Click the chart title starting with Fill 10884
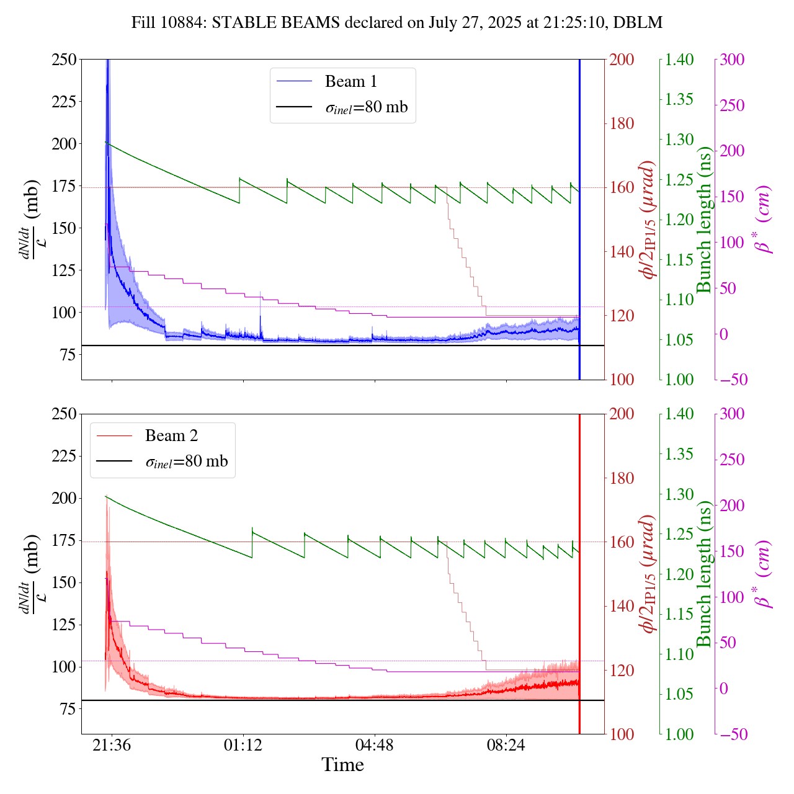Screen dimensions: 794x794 pos(397,23)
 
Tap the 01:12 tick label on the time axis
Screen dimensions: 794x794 pos(243,745)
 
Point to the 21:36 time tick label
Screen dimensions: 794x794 pos(112,745)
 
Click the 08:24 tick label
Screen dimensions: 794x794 pos(506,745)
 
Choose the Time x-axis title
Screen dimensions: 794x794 pos(342,765)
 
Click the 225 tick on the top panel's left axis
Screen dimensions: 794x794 pos(64,102)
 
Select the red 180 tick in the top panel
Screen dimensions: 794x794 pos(622,123)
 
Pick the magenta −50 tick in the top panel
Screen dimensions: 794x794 pos(732,380)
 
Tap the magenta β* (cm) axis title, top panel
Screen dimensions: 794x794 pos(763,220)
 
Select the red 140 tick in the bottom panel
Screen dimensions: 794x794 pos(622,606)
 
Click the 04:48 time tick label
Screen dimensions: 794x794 pos(375,745)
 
